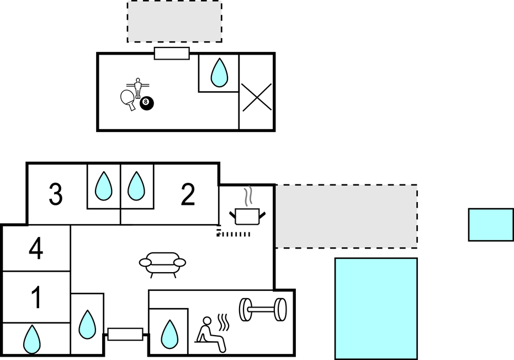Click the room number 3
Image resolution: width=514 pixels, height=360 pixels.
coord(55,194)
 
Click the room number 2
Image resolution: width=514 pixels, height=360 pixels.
coord(188,194)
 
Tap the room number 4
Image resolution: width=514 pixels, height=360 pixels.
coord(36,249)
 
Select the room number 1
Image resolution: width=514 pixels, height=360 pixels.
coord(36,298)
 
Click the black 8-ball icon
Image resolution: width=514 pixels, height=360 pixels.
coord(146,103)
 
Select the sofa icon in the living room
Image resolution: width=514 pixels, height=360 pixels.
coord(162,264)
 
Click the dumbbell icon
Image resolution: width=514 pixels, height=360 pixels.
coord(262,309)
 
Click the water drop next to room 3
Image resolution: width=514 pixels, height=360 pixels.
coord(103,186)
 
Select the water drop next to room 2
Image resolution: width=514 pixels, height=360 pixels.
coord(136,186)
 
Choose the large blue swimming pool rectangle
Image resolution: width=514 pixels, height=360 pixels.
coord(376,309)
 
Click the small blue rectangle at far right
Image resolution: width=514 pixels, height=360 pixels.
coord(491,225)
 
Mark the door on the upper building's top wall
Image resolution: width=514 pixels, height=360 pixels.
coord(172,54)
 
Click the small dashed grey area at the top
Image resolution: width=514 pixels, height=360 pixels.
coord(174,22)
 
